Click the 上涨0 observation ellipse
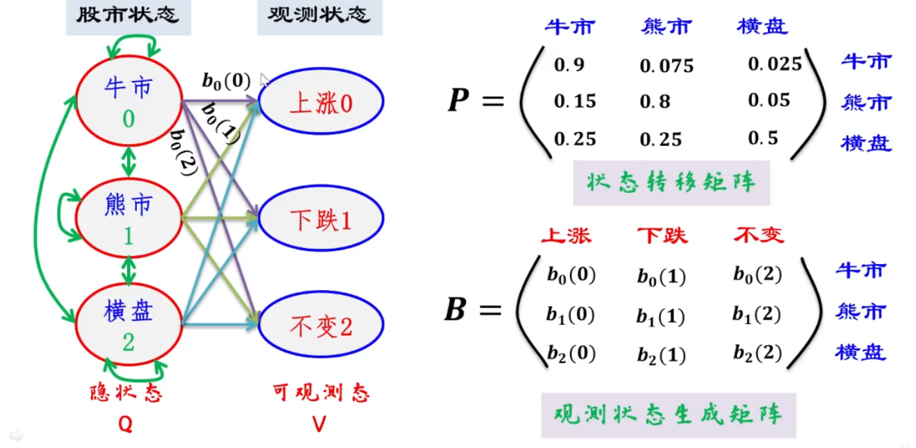point(321,104)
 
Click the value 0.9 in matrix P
point(569,65)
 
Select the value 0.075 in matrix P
point(667,66)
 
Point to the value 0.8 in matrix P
point(655,102)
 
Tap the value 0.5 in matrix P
point(763,138)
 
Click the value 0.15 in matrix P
point(575,102)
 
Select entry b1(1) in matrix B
point(660,317)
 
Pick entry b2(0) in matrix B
point(571,354)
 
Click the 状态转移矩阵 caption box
point(671,183)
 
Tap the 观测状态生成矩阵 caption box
point(669,414)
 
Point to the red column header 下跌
point(662,236)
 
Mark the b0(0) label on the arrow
point(226,81)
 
